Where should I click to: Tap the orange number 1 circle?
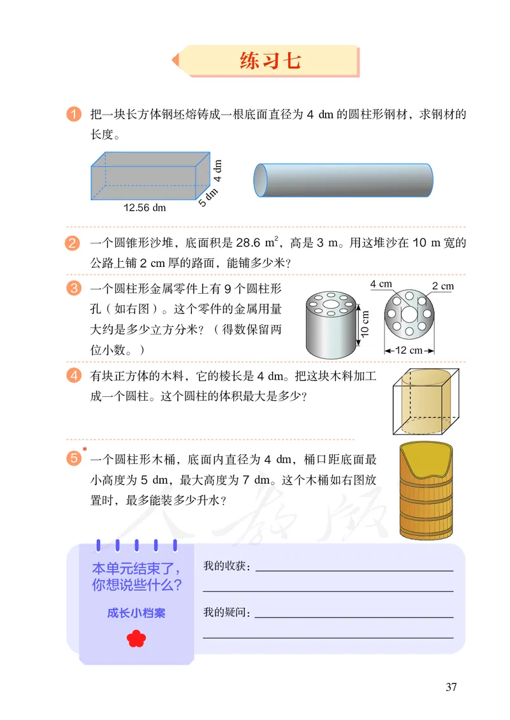coord(74,115)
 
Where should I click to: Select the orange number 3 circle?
coord(74,289)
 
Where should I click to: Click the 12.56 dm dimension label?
coord(144,207)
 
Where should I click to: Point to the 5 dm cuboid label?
coord(208,196)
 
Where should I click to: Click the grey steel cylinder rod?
coord(344,180)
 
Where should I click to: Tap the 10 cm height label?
coord(365,326)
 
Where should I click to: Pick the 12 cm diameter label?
coord(409,350)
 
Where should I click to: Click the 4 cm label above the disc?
coord(381,284)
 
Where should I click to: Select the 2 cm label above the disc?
coord(442,286)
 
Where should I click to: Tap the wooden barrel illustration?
coord(426,491)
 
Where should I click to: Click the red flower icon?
coord(136,638)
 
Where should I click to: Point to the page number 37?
coord(451,687)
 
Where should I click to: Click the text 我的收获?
coord(226,566)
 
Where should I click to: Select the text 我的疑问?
coord(226,613)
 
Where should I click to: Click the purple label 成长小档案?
coord(136,613)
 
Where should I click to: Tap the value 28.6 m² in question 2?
coord(258,243)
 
